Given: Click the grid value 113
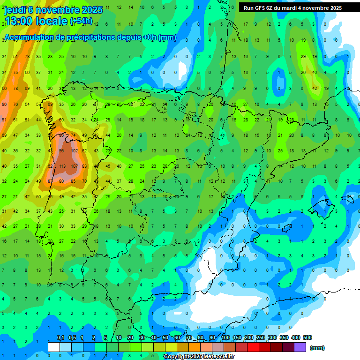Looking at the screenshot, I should click(62, 166).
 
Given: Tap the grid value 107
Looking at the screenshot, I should click(74, 166).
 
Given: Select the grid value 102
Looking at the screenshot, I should click(74, 151).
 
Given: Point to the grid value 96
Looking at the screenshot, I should click(62, 151).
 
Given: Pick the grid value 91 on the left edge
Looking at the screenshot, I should click(4, 120).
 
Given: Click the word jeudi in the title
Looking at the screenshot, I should click(15, 10).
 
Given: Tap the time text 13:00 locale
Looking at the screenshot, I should click(36, 21).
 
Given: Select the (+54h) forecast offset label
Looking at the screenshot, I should click(81, 21).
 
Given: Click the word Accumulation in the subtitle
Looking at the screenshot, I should click(30, 37).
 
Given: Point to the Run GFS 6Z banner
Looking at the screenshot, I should click(292, 8).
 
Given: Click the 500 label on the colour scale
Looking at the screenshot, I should click(307, 337).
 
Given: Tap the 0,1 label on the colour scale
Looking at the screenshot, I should click(60, 337).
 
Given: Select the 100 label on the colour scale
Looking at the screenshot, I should click(225, 337).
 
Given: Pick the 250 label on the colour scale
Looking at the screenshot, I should click(261, 337).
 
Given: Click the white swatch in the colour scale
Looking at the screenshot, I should click(54, 347).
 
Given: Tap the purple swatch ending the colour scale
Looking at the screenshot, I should click(300, 347).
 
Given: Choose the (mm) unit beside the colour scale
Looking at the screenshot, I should click(317, 348).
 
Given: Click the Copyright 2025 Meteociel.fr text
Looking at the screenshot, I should click(199, 357).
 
